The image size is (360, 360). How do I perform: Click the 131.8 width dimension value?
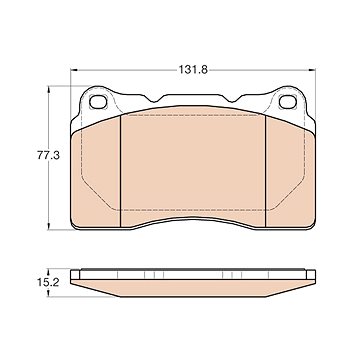click(193, 70)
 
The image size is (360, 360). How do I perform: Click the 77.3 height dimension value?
click(48, 156)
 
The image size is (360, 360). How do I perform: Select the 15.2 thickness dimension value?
click(48, 283)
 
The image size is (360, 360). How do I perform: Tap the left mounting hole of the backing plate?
click(98, 102)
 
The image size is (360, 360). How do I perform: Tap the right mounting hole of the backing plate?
click(288, 102)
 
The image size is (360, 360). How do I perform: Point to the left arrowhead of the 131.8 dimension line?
click(74, 70)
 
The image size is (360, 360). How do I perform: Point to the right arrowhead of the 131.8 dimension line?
click(312, 70)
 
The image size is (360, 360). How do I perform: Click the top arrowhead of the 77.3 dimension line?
click(49, 89)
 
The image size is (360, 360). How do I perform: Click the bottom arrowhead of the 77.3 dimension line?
click(49, 226)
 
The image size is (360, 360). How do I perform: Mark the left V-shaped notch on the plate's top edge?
click(154, 99)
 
